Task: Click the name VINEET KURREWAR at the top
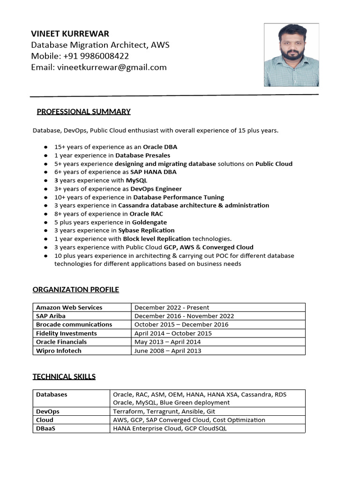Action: tap(70, 34)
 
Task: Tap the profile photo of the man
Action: tap(291, 55)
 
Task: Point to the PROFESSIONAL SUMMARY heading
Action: tap(83, 112)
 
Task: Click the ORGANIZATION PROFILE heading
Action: tap(75, 290)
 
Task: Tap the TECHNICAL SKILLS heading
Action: tap(64, 376)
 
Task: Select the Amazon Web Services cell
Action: tap(69, 307)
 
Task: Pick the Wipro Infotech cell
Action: tap(59, 351)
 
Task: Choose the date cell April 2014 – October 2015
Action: tap(173, 333)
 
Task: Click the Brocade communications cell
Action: tap(74, 324)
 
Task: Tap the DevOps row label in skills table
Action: tap(48, 412)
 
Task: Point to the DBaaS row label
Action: tap(45, 428)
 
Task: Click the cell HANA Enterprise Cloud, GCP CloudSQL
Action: tap(170, 428)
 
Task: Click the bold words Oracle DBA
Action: tap(160, 147)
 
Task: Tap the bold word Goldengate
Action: tap(149, 222)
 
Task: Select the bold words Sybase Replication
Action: tap(146, 231)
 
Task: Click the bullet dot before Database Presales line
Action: tap(45, 156)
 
